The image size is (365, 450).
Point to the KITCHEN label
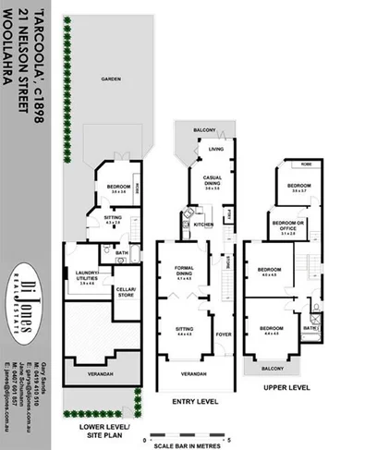204,225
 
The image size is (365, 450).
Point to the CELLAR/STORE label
125,294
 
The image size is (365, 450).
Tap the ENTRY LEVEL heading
195,402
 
